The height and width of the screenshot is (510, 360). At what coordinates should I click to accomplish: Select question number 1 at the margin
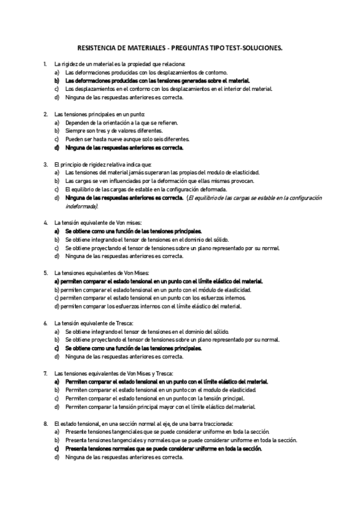pos(46,63)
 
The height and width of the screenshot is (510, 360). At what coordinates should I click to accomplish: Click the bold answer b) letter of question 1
pos(56,80)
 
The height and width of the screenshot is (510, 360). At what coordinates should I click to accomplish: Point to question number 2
pos(46,114)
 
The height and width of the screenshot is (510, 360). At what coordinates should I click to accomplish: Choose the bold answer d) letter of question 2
pos(56,147)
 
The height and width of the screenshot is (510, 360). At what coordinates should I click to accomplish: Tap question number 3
pos(46,164)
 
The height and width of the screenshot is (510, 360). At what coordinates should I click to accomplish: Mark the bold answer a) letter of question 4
pos(56,231)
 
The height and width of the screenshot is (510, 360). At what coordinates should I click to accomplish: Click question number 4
pos(46,223)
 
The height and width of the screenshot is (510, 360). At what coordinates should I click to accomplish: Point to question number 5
pos(46,272)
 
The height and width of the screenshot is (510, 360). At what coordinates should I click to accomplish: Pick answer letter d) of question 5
pos(56,306)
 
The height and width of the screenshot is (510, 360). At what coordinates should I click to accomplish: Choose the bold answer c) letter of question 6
pos(56,348)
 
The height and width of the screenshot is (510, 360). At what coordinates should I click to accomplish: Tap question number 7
pos(46,373)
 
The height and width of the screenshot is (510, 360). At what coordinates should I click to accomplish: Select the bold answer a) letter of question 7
pos(56,381)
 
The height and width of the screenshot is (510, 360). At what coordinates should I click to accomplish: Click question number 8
pos(46,423)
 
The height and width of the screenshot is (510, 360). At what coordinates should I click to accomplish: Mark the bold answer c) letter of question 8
pos(56,449)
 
